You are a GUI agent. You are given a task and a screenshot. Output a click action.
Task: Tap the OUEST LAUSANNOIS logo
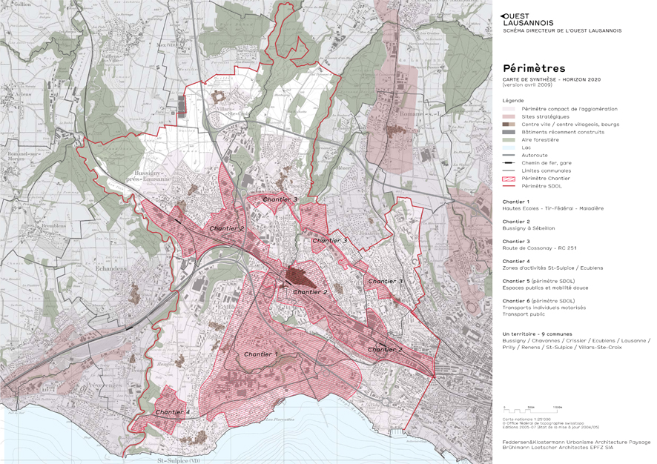(527, 19)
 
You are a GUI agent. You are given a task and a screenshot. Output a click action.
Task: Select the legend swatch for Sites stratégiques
(508, 116)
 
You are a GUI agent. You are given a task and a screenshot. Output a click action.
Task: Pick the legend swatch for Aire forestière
(508, 139)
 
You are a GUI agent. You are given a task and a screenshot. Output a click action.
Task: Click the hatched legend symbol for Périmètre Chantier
(508, 178)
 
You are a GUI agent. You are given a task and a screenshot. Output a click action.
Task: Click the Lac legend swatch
(508, 148)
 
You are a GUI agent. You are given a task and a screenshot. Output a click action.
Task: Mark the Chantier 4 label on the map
(173, 411)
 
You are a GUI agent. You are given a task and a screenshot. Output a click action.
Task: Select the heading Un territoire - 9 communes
(540, 334)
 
